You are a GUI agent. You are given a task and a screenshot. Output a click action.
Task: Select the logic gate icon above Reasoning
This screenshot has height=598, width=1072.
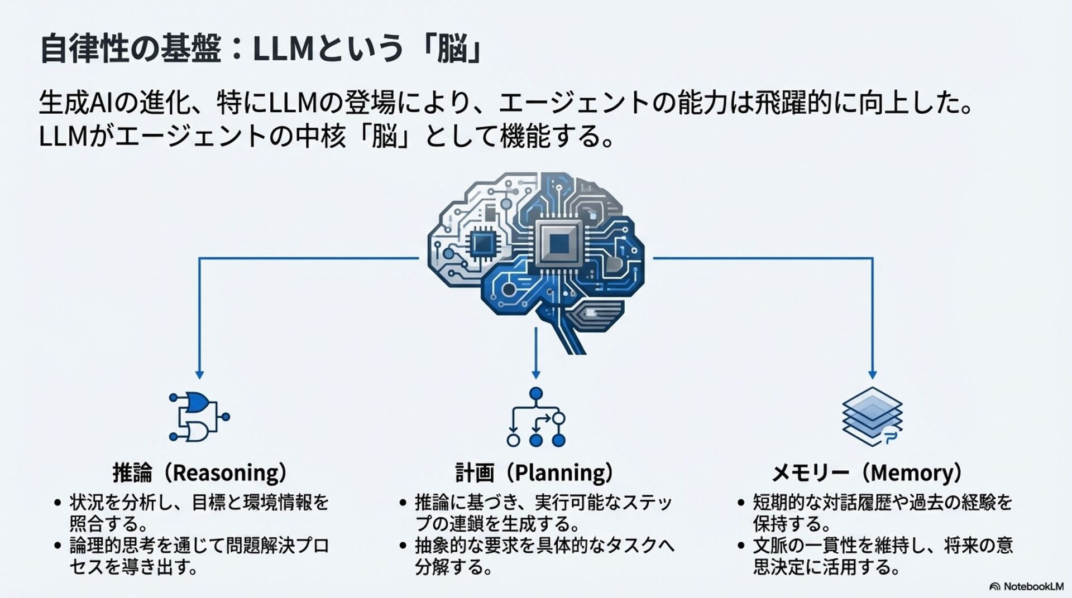pyautogui.click(x=199, y=417)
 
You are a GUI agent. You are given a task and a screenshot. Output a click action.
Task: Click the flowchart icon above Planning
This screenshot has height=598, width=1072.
pyautogui.click(x=536, y=417)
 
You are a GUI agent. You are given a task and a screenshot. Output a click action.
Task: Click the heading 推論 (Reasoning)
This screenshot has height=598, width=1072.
pyautogui.click(x=200, y=472)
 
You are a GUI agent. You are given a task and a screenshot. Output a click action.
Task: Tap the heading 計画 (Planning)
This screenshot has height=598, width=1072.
pyautogui.click(x=534, y=472)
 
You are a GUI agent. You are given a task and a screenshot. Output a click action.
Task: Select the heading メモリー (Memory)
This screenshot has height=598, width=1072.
pyautogui.click(x=867, y=472)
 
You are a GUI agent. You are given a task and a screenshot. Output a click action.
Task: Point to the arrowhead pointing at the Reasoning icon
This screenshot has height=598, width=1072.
pyautogui.click(x=199, y=375)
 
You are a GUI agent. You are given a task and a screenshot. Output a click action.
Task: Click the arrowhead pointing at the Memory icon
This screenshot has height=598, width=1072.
pyautogui.click(x=872, y=375)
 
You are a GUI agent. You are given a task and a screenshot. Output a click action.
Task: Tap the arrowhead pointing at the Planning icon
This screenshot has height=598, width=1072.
pyautogui.click(x=536, y=375)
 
